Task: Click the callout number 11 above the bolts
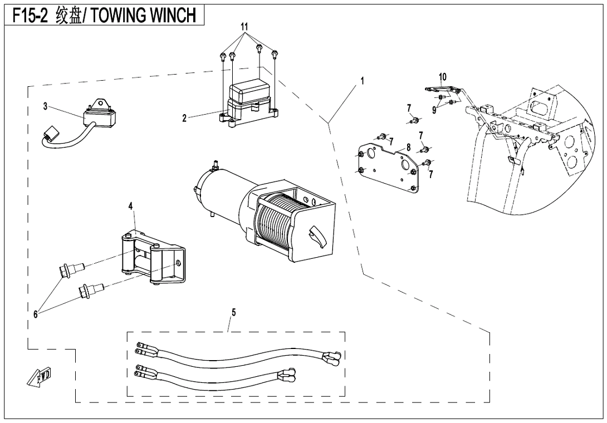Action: pyautogui.click(x=243, y=27)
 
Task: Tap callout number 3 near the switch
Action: pyautogui.click(x=45, y=107)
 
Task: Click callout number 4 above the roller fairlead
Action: pyautogui.click(x=131, y=206)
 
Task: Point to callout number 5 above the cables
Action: pyautogui.click(x=233, y=312)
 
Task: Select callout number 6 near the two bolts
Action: pyautogui.click(x=35, y=314)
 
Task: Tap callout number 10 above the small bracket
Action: pyautogui.click(x=443, y=76)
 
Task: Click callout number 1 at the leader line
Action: pyautogui.click(x=362, y=81)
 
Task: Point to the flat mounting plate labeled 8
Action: pyautogui.click(x=390, y=167)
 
